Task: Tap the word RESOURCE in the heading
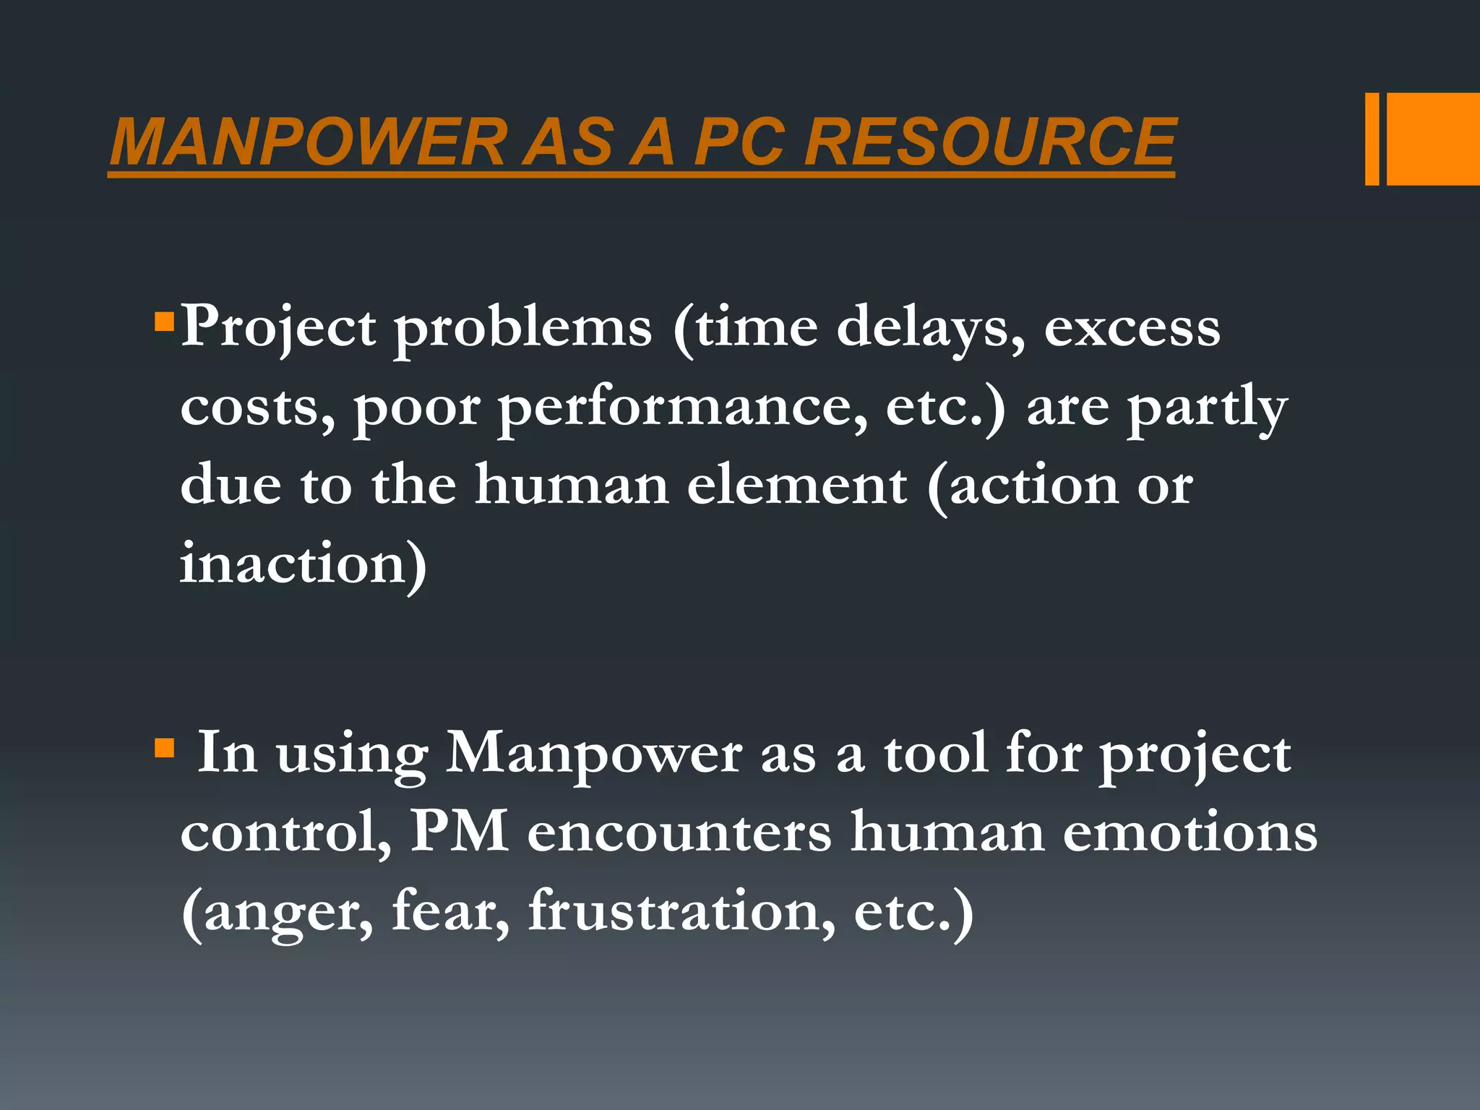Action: [x=990, y=142]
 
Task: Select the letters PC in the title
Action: [x=739, y=142]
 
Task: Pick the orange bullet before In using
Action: [x=165, y=747]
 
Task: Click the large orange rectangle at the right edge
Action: [x=1433, y=139]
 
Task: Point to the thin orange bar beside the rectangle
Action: [x=1372, y=139]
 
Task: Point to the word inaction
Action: [x=293, y=564]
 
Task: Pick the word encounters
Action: [x=679, y=832]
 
